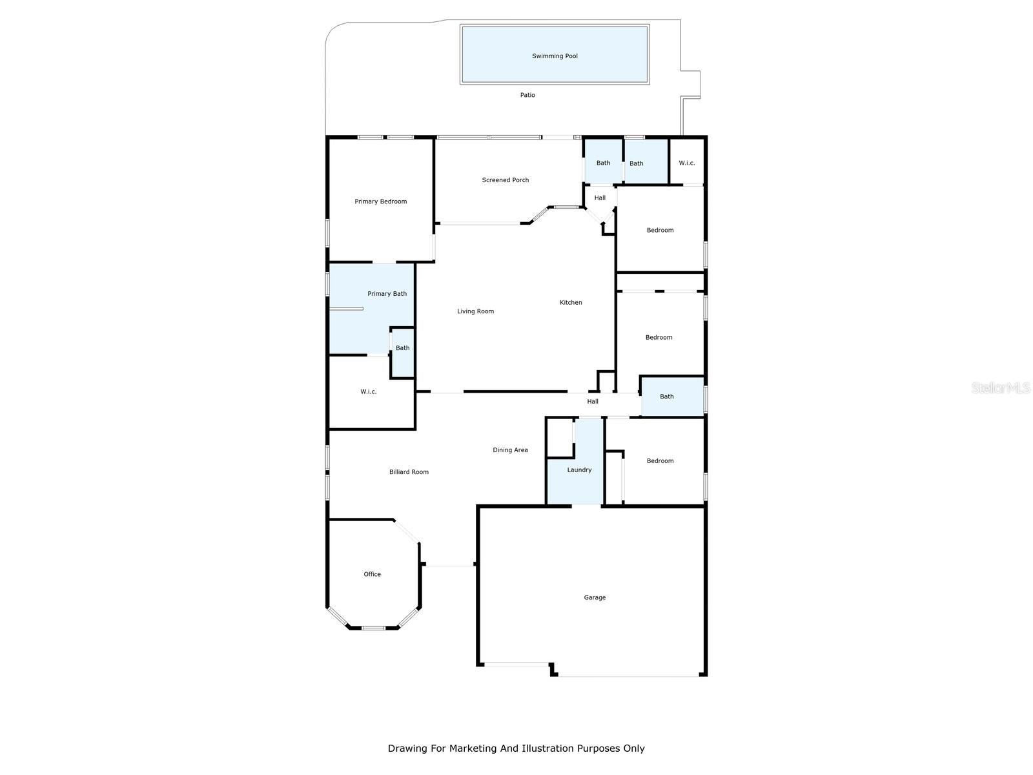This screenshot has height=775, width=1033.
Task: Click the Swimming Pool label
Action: (555, 56)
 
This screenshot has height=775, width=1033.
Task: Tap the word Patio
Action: (527, 95)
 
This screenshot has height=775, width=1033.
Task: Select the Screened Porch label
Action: (505, 180)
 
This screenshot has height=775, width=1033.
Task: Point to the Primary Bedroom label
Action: (380, 201)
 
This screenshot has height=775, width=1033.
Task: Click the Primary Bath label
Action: (387, 294)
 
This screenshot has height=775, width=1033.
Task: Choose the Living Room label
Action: (475, 311)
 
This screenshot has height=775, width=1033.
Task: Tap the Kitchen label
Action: (570, 302)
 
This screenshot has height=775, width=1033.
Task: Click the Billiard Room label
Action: (409, 472)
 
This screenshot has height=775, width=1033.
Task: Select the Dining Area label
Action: (510, 450)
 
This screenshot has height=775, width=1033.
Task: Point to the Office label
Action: (372, 574)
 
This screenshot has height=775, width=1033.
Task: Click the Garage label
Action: (595, 597)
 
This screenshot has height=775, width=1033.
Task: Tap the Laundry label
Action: (579, 470)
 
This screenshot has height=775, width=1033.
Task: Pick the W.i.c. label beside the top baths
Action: (687, 163)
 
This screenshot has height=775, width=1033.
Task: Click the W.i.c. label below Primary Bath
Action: (368, 391)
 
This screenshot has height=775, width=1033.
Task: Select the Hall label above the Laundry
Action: (593, 401)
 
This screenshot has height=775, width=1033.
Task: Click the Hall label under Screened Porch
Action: (600, 198)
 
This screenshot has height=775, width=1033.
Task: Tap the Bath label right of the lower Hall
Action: (666, 396)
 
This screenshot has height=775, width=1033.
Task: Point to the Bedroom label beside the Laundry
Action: (660, 460)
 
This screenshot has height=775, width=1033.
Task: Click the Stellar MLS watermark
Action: (1001, 387)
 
